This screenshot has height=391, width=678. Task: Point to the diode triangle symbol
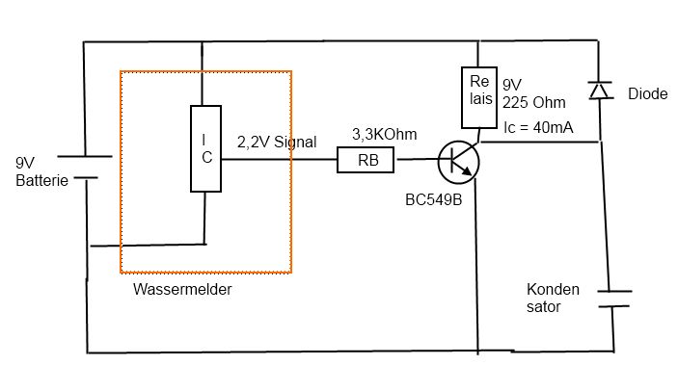click(x=601, y=91)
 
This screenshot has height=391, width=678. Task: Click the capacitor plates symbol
click(x=614, y=299)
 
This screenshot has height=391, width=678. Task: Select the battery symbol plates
click(x=85, y=167)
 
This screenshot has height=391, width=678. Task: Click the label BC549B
click(x=434, y=199)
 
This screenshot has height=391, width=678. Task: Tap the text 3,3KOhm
click(x=385, y=134)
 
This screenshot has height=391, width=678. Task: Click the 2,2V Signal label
click(x=277, y=142)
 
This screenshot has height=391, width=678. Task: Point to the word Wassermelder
click(x=182, y=289)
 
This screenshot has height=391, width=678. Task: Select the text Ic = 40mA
click(x=538, y=127)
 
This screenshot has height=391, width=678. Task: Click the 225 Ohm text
click(x=534, y=102)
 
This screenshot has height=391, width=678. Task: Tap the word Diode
click(x=648, y=93)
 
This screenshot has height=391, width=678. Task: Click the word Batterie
click(x=41, y=180)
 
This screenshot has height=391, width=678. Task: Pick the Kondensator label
click(x=553, y=298)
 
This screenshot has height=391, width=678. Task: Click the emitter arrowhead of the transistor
click(x=467, y=170)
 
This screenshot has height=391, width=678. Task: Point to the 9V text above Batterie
click(x=25, y=163)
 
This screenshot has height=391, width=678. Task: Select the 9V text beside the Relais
click(x=512, y=85)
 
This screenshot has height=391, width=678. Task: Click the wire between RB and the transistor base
click(x=419, y=159)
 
